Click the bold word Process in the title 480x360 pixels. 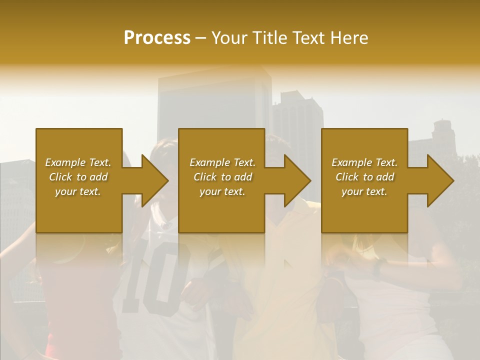click(x=157, y=38)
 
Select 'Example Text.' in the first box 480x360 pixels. click(x=78, y=162)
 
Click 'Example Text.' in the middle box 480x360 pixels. click(x=222, y=162)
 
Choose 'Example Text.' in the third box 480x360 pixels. click(x=364, y=162)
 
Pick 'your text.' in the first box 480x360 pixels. click(x=78, y=191)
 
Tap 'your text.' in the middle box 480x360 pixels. click(x=222, y=191)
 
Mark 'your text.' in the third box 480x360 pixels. click(x=364, y=191)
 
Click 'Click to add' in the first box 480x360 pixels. click(x=78, y=177)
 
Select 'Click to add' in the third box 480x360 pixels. click(x=364, y=177)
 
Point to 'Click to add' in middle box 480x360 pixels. click(x=222, y=177)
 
